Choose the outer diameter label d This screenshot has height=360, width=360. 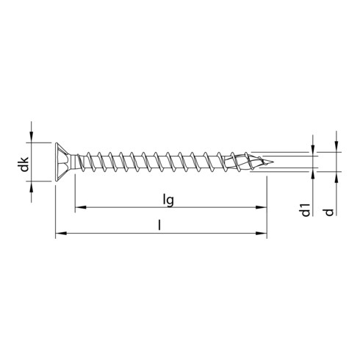tap(330, 210)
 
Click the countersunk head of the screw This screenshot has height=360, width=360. tap(62, 162)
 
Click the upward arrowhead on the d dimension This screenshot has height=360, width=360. tap(335, 177)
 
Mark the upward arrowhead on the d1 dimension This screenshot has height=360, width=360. tap(314, 173)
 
